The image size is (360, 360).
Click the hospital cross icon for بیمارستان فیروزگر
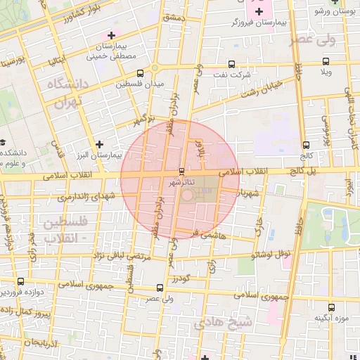260,11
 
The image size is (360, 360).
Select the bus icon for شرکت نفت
232,64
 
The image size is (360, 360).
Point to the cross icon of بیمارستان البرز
100,143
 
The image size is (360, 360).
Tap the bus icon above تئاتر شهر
182,171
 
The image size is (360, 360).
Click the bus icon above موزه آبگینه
332,306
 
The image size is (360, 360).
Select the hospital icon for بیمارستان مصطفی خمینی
110,34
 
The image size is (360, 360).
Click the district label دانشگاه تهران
65,92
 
